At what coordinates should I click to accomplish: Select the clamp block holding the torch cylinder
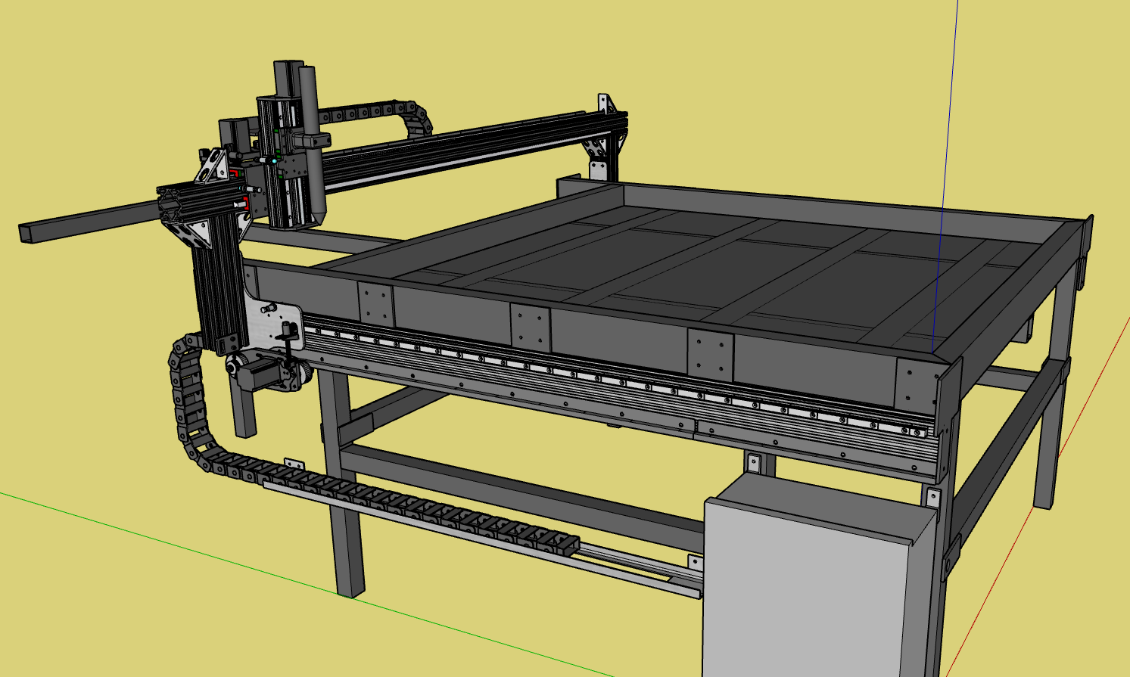pos(313,141)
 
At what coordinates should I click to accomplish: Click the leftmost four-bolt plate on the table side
pos(376,303)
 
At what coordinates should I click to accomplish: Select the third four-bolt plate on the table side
pos(711,355)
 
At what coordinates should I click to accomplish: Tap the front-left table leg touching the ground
pos(349,560)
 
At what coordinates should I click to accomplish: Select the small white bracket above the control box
pos(753,462)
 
